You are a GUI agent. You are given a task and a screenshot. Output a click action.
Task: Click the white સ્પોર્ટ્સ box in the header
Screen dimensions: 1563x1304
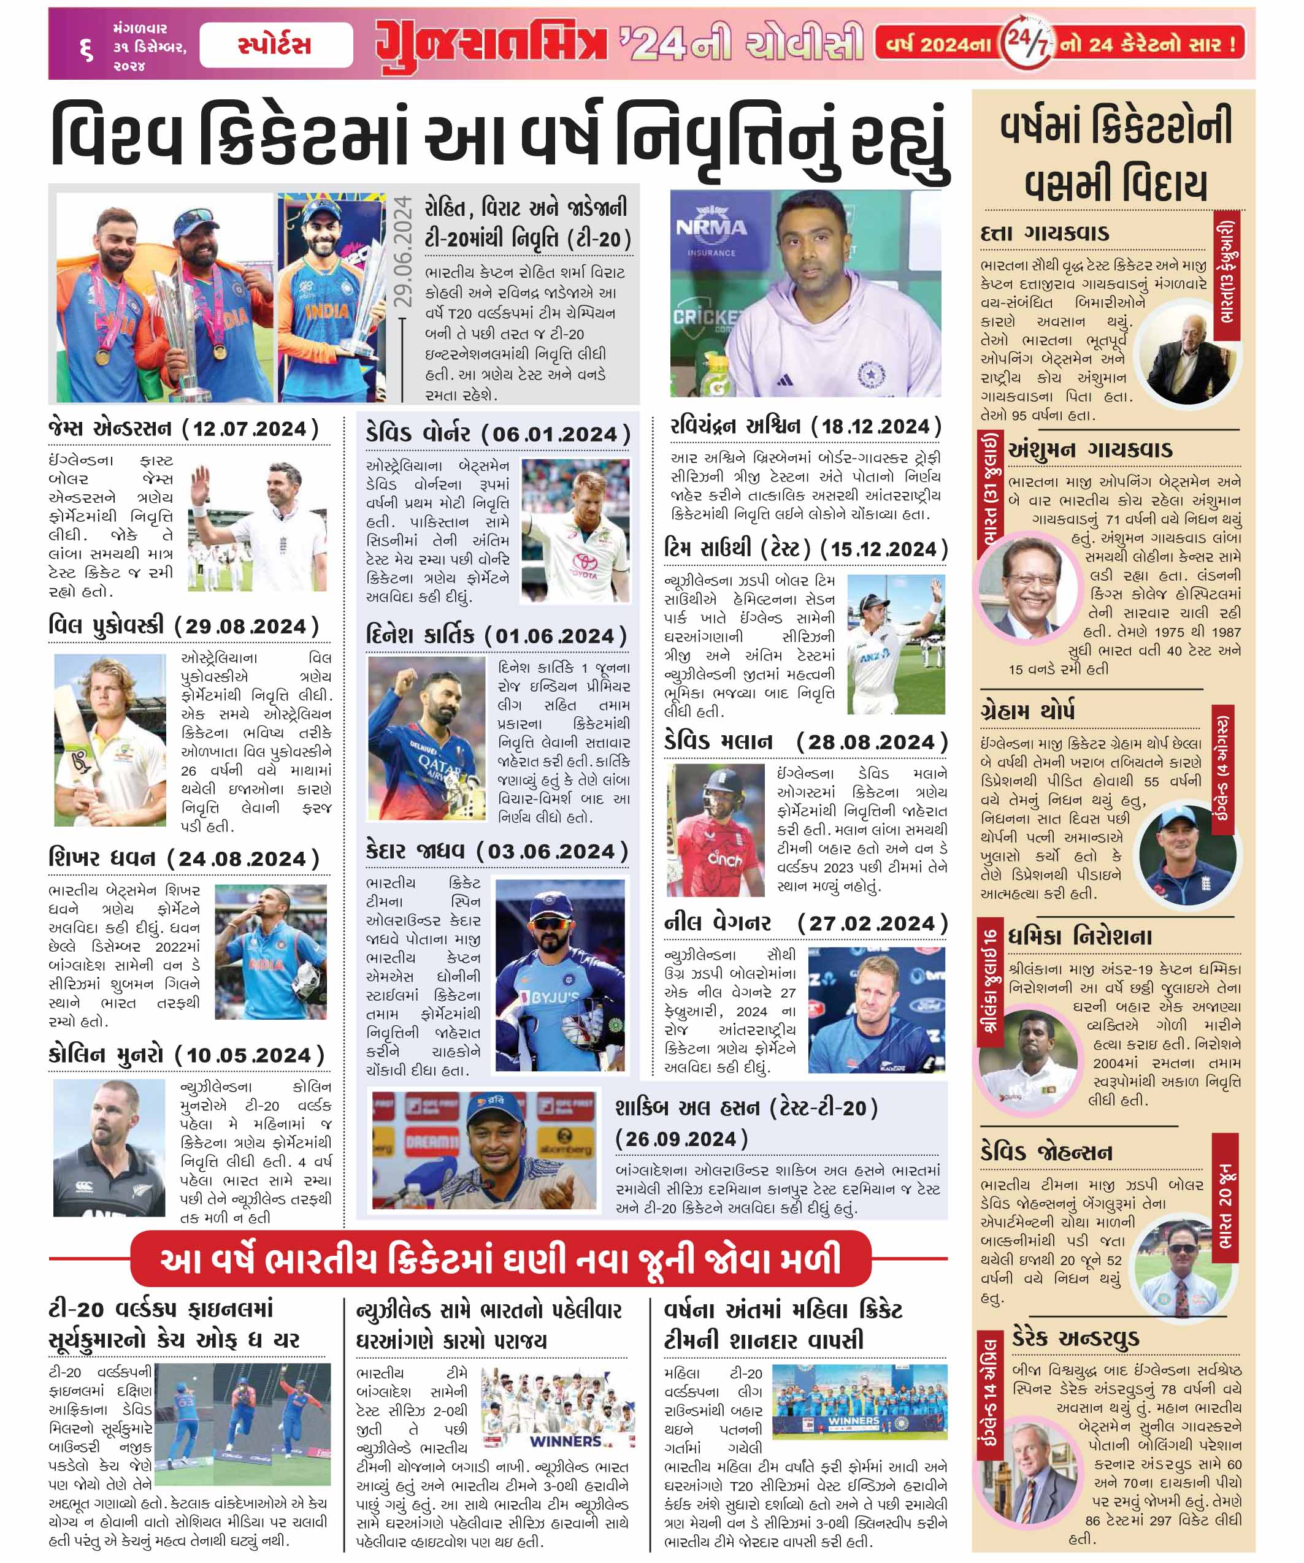pyautogui.click(x=275, y=45)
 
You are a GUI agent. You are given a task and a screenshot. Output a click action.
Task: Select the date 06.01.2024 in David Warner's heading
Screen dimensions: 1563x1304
pyautogui.click(x=556, y=435)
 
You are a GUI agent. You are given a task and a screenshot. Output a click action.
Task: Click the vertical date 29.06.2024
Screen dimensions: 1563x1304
pyautogui.click(x=402, y=251)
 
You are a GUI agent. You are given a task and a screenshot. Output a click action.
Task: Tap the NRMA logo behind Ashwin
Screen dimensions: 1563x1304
pyautogui.click(x=711, y=227)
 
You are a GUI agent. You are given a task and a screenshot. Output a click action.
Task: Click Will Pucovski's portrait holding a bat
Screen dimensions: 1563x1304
pyautogui.click(x=110, y=740)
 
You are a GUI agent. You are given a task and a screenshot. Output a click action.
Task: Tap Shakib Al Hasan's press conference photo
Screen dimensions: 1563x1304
pyautogui.click(x=484, y=1151)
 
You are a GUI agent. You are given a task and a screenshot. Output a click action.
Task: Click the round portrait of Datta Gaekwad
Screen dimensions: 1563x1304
pyautogui.click(x=1187, y=355)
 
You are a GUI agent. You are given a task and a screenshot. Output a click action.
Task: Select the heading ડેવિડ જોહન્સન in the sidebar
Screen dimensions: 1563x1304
pyautogui.click(x=1046, y=1153)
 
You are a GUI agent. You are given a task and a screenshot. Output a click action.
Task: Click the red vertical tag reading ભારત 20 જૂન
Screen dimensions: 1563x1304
pyautogui.click(x=1224, y=1198)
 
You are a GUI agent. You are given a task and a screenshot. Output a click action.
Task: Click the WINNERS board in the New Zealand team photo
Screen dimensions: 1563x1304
pyautogui.click(x=565, y=1441)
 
